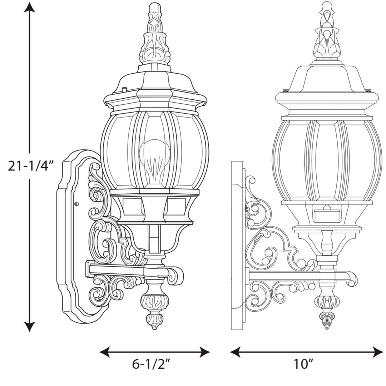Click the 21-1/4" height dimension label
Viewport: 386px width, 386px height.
pyautogui.click(x=30, y=167)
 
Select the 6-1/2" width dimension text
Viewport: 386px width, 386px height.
pyautogui.click(x=151, y=365)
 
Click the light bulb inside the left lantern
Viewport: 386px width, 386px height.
pyautogui.click(x=154, y=157)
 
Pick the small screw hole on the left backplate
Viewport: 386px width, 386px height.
pyautogui.click(x=76, y=204)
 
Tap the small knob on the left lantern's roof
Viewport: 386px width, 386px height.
pyautogui.click(x=124, y=89)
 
